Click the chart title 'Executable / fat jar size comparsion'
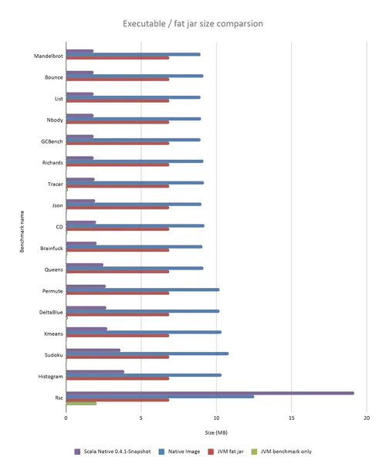click(x=193, y=24)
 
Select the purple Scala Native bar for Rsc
click(x=210, y=393)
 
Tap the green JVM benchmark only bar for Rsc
click(x=81, y=403)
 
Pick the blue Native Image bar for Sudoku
click(x=147, y=354)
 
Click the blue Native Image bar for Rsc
click(x=160, y=397)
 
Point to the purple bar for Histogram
click(x=95, y=372)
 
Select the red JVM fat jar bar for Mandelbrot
click(x=117, y=58)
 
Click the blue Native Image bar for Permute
click(x=142, y=289)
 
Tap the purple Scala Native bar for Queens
click(x=84, y=265)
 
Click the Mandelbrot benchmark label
click(x=49, y=56)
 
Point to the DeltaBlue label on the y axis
click(x=51, y=313)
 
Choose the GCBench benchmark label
click(x=52, y=141)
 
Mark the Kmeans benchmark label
click(x=53, y=333)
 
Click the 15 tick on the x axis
click(x=291, y=418)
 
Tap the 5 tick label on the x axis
click(x=141, y=418)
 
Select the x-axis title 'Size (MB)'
click(x=216, y=432)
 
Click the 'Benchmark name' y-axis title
click(x=22, y=232)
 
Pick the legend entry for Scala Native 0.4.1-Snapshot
click(x=113, y=452)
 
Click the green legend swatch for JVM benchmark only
click(x=254, y=452)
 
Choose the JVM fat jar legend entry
click(x=225, y=452)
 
